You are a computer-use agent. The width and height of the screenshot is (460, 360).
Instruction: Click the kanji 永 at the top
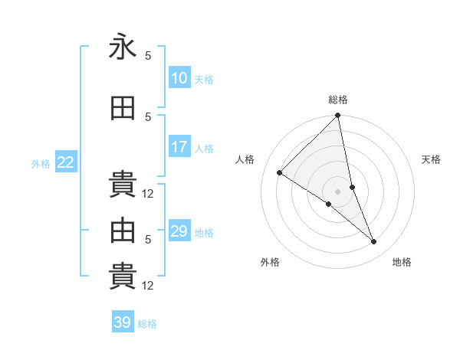123,47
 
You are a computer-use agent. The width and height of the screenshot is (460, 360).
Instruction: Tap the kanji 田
123,109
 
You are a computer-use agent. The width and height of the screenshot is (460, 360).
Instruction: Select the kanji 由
123,231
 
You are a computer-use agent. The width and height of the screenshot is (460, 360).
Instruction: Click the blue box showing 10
179,78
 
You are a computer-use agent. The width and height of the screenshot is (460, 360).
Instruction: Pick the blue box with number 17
179,147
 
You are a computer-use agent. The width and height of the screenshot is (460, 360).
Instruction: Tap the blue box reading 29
179,231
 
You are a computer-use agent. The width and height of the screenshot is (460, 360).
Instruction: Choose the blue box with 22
66,162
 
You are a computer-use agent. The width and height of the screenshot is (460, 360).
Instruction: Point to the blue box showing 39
122,322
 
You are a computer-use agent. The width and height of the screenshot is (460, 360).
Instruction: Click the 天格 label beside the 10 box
204,79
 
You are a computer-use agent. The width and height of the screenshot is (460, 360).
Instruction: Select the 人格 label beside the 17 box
204,148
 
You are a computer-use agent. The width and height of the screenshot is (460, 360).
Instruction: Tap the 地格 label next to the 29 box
204,232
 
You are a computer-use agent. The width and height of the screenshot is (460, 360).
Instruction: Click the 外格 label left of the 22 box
41,163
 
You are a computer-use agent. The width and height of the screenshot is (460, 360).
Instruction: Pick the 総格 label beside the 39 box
147,324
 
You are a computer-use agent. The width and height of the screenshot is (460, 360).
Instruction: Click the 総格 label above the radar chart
338,100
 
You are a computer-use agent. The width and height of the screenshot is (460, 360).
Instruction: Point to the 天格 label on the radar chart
432,159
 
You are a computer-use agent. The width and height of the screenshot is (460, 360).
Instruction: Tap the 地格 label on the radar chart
402,262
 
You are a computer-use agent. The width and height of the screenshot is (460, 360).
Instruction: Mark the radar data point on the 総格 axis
338,116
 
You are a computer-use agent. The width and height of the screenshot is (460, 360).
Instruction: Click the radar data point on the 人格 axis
280,173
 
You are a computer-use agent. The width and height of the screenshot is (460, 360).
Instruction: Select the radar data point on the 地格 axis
374,242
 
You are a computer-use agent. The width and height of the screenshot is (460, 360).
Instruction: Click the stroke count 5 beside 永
148,55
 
